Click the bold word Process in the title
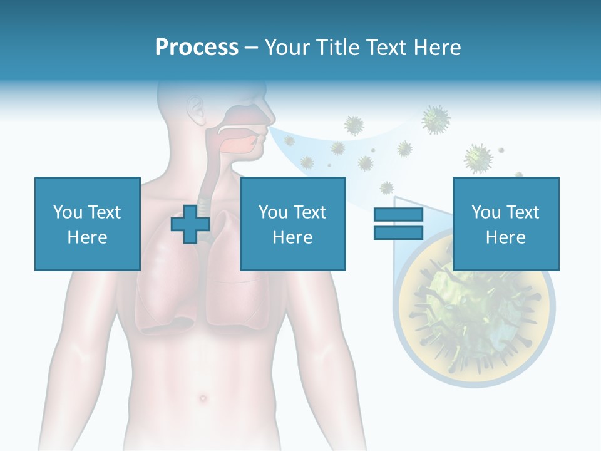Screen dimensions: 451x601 (x=197, y=48)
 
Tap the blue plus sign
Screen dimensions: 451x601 (x=190, y=224)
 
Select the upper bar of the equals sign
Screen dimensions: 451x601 (x=398, y=215)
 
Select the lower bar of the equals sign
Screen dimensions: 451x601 (x=398, y=232)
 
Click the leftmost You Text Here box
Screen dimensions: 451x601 (x=87, y=224)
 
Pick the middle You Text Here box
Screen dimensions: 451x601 (x=292, y=224)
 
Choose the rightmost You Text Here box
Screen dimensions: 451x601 (x=505, y=224)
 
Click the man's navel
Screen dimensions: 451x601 (x=202, y=398)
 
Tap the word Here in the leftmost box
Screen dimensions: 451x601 (x=87, y=237)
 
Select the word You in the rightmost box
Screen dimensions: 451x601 (x=486, y=212)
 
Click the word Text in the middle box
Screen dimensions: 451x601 (x=310, y=212)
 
